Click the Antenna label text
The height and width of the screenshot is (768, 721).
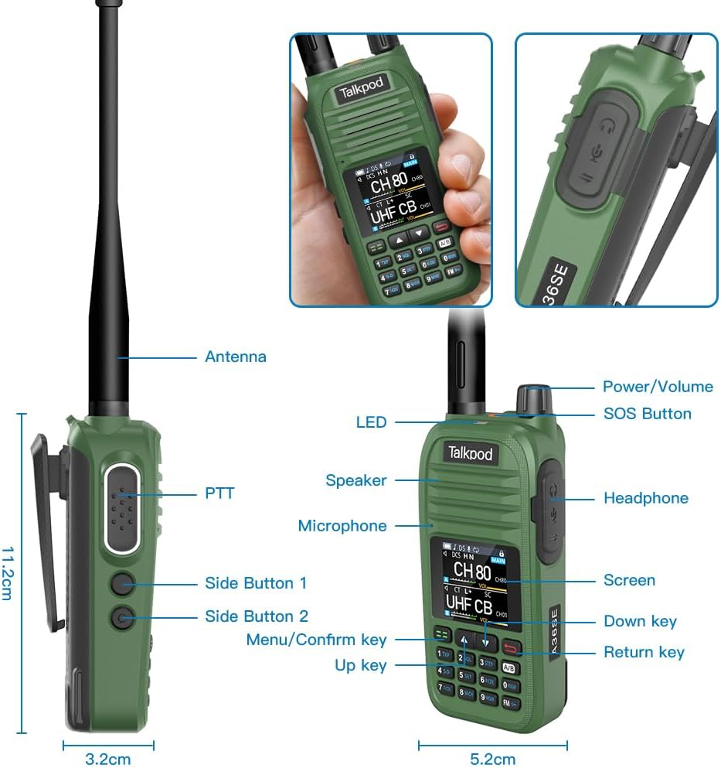(235, 357)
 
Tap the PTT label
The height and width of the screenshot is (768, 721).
(219, 493)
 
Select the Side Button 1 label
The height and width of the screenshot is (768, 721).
(256, 583)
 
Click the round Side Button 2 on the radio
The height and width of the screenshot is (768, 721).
(121, 617)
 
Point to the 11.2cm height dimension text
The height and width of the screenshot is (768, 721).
(9, 573)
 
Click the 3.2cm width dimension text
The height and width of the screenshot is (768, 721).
(107, 759)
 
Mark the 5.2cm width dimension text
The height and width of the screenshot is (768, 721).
(492, 759)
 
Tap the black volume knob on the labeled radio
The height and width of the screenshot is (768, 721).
(534, 398)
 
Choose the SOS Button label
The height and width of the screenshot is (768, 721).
(647, 414)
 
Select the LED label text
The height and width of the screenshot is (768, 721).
(371, 422)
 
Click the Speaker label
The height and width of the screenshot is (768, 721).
(355, 480)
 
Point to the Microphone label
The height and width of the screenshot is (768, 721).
(342, 526)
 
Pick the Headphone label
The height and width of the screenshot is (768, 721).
(645, 498)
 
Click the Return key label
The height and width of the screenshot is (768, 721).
(644, 652)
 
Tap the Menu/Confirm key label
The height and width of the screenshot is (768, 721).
(316, 640)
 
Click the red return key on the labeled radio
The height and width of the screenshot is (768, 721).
(511, 647)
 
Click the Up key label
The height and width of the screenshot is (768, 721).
(360, 665)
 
